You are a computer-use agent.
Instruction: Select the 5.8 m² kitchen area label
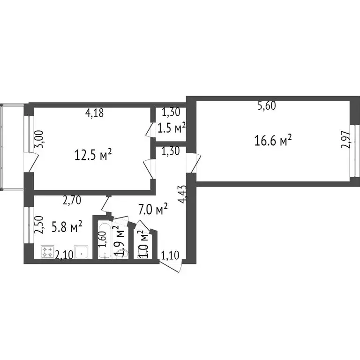click(x=67, y=228)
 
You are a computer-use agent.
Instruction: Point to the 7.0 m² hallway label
click(x=153, y=209)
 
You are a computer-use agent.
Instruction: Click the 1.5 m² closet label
click(x=171, y=127)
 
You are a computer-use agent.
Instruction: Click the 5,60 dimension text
click(x=267, y=106)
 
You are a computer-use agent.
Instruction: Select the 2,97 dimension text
click(x=345, y=140)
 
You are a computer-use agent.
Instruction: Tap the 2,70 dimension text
click(x=72, y=201)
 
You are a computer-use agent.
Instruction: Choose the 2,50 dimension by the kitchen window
click(x=40, y=225)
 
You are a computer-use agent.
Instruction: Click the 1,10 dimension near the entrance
click(x=170, y=255)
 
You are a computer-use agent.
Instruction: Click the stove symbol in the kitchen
click(x=48, y=252)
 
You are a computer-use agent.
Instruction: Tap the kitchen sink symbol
click(x=82, y=252)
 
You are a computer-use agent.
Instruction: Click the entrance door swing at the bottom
click(x=172, y=265)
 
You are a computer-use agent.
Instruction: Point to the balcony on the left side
click(x=12, y=145)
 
